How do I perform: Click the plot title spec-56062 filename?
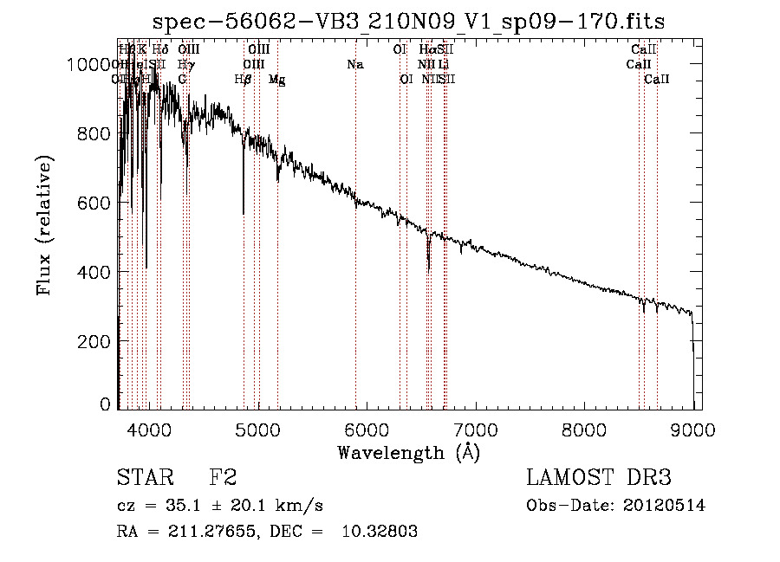(x=408, y=22)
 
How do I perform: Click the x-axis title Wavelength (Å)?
(x=408, y=452)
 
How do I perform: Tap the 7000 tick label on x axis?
(x=475, y=428)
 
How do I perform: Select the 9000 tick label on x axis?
(x=692, y=428)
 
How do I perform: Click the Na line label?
(x=354, y=65)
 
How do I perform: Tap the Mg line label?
(x=276, y=80)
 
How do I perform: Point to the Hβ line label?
(x=244, y=80)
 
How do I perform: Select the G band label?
(x=182, y=80)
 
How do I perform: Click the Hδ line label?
(x=160, y=50)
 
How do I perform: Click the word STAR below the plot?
(x=140, y=479)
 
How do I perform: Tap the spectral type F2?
(x=223, y=479)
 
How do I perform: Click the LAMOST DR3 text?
(x=598, y=479)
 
